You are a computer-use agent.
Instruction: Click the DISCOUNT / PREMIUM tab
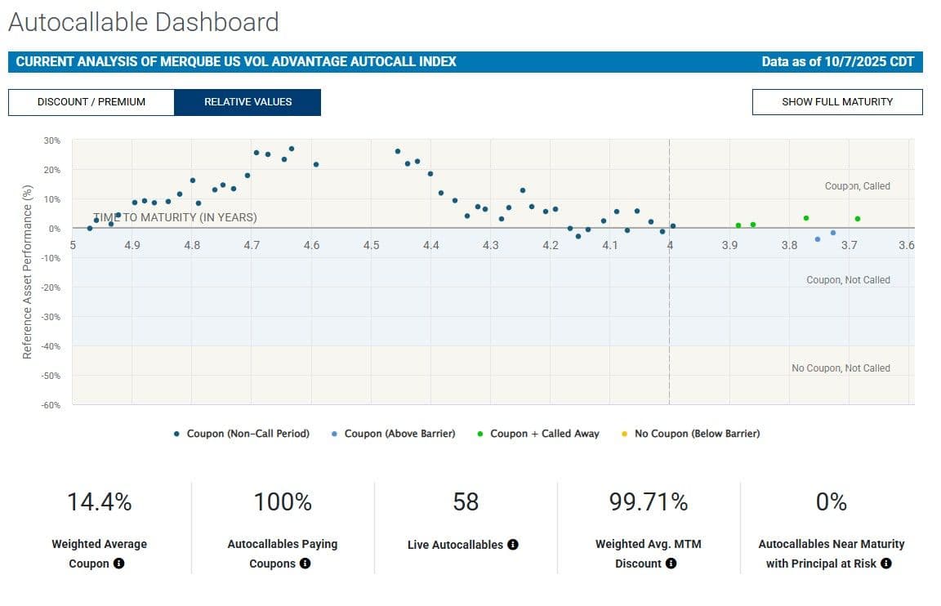tap(91, 102)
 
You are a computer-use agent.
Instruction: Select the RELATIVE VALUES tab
tap(248, 102)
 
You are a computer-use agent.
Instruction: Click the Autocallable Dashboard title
tap(144, 22)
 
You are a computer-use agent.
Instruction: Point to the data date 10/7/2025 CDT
tap(837, 61)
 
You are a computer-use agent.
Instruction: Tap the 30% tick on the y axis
tap(52, 140)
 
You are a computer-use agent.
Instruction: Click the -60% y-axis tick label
tap(51, 405)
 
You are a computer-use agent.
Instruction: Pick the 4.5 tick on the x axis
tap(372, 245)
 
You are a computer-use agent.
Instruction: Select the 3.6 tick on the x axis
tap(906, 245)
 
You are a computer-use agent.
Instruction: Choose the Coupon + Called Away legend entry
tap(544, 434)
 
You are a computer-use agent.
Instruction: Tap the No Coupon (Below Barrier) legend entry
tap(697, 434)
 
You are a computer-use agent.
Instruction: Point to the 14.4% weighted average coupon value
tap(100, 502)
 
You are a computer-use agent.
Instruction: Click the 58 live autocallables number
tap(466, 502)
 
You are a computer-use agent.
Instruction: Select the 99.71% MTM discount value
tap(649, 502)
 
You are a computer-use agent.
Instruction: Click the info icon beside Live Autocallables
tap(513, 545)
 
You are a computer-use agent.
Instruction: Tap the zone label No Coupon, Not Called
tap(841, 368)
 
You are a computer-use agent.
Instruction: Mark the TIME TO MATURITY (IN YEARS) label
tap(175, 217)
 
